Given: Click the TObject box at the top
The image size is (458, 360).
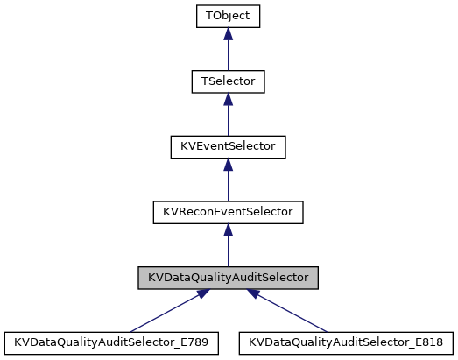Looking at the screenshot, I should pos(228,16).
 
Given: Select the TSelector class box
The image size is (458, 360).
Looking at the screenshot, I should pos(228,81).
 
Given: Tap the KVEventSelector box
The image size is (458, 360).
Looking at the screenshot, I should pos(228,146).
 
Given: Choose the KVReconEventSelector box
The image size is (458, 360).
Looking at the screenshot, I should pos(228,212).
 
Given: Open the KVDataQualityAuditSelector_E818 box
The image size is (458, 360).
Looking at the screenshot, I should pos(346,342).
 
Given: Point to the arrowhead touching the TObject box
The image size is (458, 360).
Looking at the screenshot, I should pos(228,33).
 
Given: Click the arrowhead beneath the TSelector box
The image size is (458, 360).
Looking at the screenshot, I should pos(228,99).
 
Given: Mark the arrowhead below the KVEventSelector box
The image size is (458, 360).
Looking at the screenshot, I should pos(228,164).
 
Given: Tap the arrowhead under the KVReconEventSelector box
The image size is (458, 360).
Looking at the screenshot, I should pos(228,229).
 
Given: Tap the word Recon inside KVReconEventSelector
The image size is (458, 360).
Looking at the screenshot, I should pos(191,212).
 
